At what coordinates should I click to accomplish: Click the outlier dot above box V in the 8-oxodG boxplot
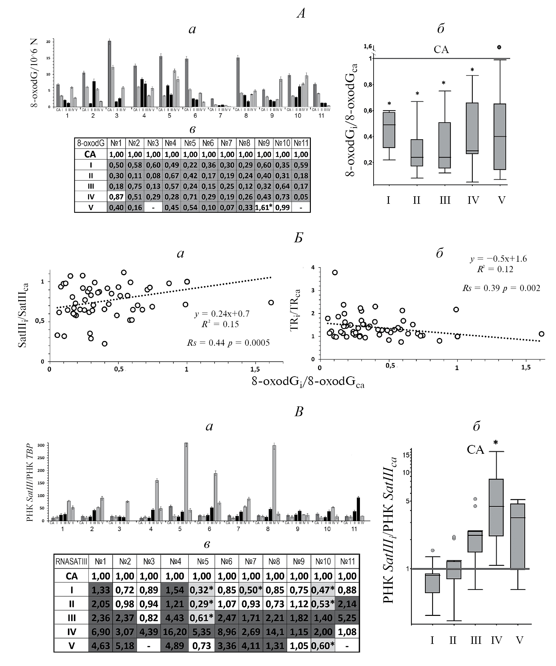(x=499, y=47)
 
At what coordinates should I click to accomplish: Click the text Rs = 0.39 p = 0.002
(x=501, y=288)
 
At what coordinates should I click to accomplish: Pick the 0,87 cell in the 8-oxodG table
(x=116, y=197)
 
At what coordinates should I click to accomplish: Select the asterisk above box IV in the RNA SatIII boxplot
(x=496, y=442)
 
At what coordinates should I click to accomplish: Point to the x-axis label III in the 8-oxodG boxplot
(x=445, y=200)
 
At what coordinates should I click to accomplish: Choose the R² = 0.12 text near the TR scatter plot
(x=495, y=269)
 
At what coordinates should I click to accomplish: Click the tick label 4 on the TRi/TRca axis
(x=313, y=267)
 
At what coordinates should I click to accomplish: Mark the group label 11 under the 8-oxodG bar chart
(x=321, y=116)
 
